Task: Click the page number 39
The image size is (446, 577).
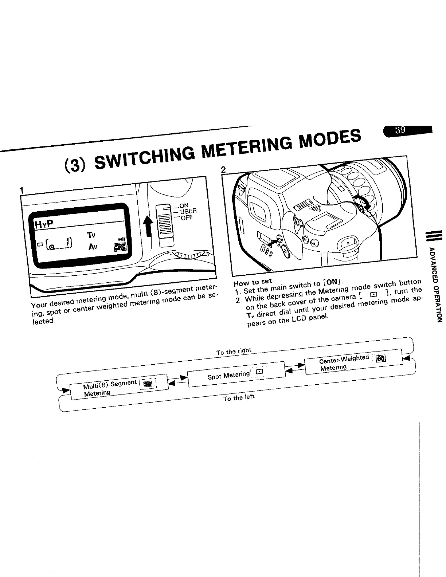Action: [400, 130]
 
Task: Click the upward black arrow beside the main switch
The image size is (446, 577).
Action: [148, 226]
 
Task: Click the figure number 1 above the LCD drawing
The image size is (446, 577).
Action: [22, 190]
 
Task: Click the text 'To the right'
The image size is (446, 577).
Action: [234, 351]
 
